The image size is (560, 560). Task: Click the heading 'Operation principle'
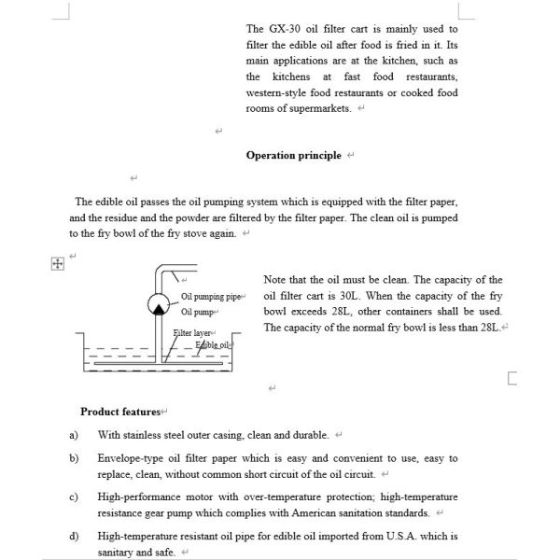293,155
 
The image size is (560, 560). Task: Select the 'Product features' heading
120,412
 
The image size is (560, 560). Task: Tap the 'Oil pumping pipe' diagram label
210,297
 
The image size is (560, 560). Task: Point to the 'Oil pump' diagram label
198,312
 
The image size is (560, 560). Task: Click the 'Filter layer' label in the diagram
192,333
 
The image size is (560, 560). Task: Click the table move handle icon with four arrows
57,264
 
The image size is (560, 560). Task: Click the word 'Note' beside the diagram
275,279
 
